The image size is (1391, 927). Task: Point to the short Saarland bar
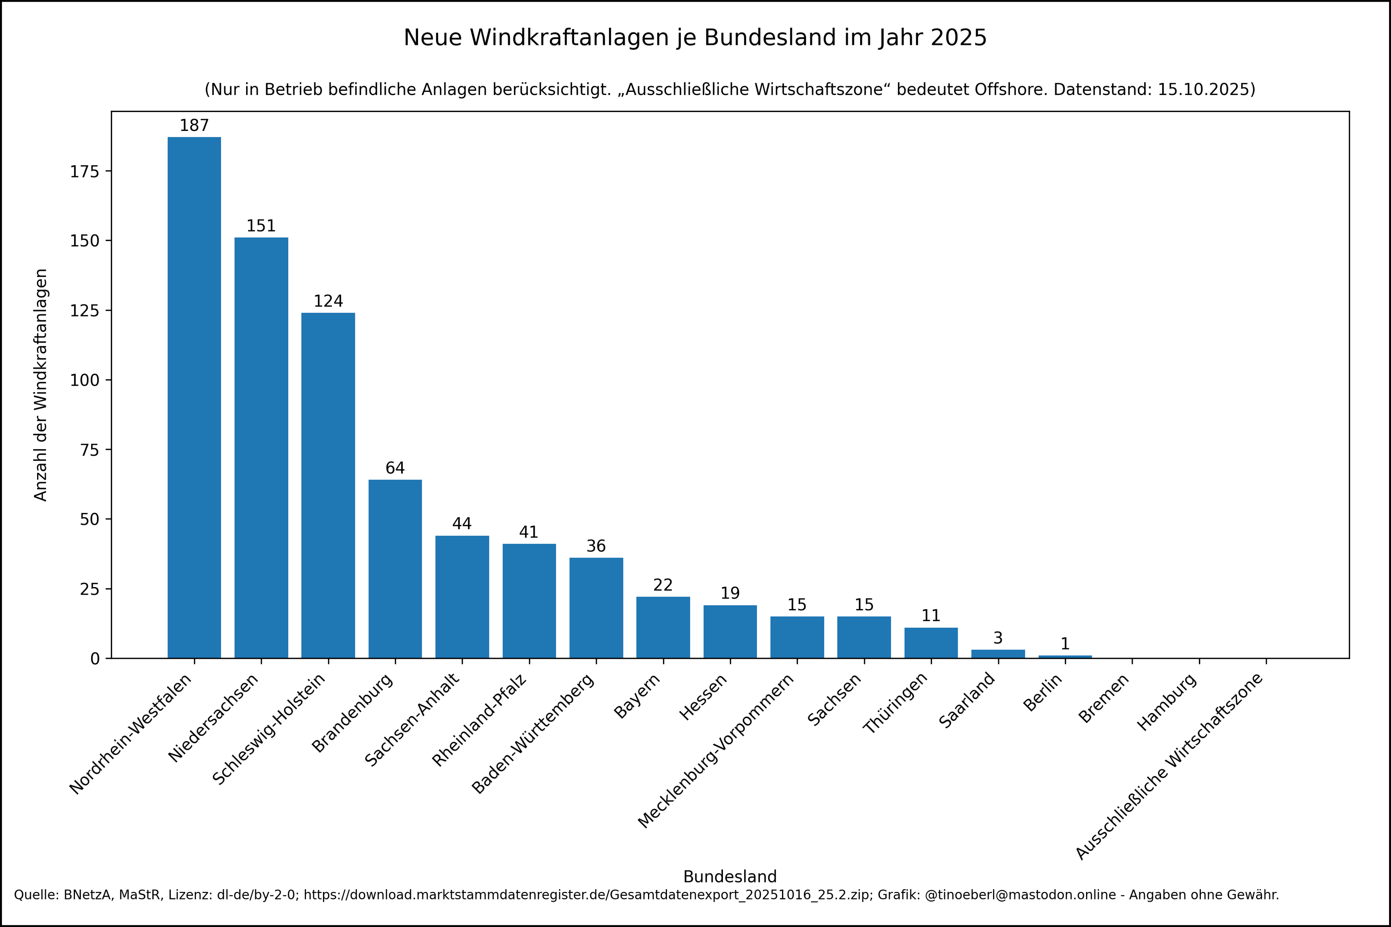[998, 654]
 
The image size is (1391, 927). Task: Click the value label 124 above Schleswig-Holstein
[328, 302]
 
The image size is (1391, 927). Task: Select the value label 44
[462, 524]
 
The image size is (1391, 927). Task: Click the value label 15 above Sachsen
[864, 605]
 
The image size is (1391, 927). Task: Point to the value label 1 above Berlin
[1065, 644]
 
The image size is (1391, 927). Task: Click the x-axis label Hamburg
[1167, 702]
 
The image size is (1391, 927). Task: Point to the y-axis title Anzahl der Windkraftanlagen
[40, 385]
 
